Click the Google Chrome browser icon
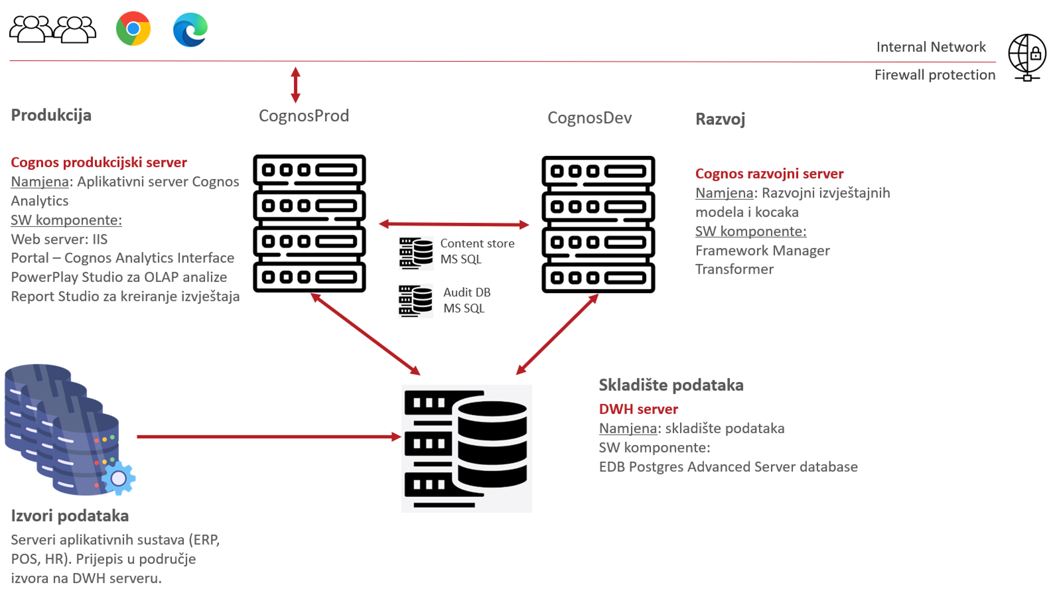[133, 29]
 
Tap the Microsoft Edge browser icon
[190, 30]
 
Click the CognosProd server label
[304, 116]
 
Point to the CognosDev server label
[589, 118]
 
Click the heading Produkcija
[51, 115]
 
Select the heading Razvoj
[720, 119]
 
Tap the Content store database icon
[416, 253]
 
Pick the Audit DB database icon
[415, 301]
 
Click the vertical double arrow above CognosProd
[295, 85]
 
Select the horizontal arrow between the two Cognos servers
[454, 224]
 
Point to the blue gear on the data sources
[119, 478]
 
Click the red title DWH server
[638, 409]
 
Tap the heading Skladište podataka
[671, 385]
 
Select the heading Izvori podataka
[70, 516]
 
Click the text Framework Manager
[762, 251]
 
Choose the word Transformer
[735, 269]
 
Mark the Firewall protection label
[935, 75]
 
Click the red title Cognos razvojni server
[769, 174]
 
